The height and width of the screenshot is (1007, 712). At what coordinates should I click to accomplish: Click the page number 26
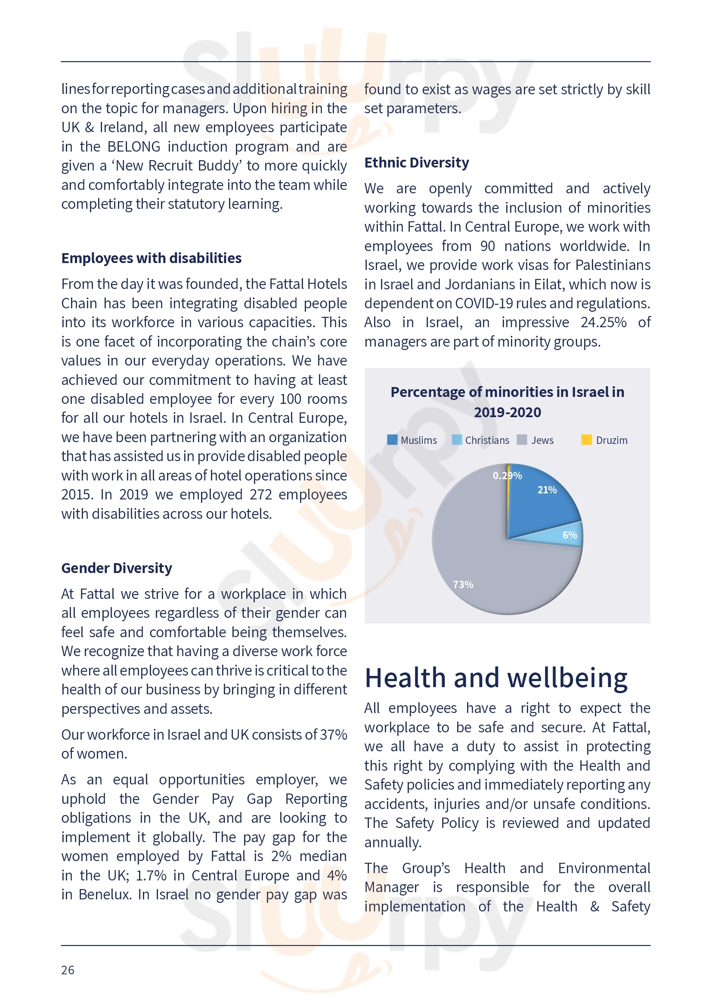pyautogui.click(x=68, y=970)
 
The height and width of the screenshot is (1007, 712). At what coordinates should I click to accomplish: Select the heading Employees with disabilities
pyautogui.click(x=151, y=258)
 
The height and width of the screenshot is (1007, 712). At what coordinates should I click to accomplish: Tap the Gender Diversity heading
pyautogui.click(x=117, y=568)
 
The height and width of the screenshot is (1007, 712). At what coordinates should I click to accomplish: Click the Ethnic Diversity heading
pyautogui.click(x=417, y=163)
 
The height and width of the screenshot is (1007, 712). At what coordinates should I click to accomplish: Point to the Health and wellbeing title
pyautogui.click(x=496, y=678)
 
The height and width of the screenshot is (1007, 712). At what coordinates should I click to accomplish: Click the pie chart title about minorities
pyautogui.click(x=507, y=402)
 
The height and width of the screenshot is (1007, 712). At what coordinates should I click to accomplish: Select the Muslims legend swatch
pyautogui.click(x=393, y=440)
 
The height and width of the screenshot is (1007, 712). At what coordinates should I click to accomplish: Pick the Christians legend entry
pyautogui.click(x=480, y=440)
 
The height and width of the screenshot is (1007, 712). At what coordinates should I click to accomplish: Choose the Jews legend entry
pyautogui.click(x=536, y=440)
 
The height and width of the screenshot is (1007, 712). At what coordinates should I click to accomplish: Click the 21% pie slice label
pyautogui.click(x=547, y=490)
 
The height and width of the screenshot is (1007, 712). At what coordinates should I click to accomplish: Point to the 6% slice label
pyautogui.click(x=570, y=535)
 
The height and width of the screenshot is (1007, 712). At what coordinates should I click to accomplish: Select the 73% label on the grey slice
pyautogui.click(x=463, y=585)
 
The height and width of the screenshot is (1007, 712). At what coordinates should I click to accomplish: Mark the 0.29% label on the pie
pyautogui.click(x=507, y=476)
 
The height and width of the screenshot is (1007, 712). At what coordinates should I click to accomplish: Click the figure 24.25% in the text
pyautogui.click(x=603, y=322)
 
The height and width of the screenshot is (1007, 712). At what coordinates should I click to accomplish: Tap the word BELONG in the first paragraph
pyautogui.click(x=134, y=146)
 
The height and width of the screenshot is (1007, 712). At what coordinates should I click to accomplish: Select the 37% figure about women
pyautogui.click(x=333, y=734)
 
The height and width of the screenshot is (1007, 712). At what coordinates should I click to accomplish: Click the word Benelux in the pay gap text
pyautogui.click(x=105, y=894)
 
